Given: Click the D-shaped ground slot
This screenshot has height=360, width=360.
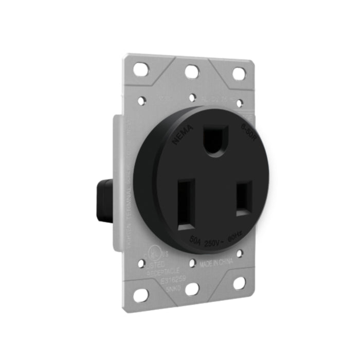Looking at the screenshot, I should [215, 139].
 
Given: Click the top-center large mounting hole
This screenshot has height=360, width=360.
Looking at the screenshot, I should [192, 71].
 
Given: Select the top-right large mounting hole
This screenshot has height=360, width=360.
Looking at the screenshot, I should [239, 74].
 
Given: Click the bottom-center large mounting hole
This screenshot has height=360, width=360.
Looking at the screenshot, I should [191, 290].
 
